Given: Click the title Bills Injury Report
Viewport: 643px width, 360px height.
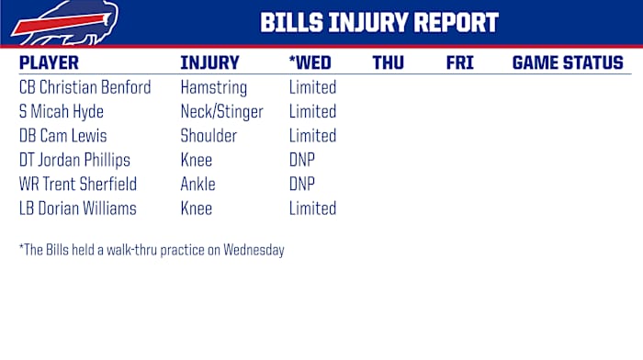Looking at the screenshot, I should [379, 23].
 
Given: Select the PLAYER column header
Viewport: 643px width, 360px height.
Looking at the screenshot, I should [49, 63].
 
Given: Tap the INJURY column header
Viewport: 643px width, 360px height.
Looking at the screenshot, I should [209, 63].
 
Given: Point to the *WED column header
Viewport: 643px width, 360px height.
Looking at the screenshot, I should [310, 63].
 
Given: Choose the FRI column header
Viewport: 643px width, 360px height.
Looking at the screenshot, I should [459, 63].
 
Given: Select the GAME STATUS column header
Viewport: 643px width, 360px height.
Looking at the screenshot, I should [567, 63].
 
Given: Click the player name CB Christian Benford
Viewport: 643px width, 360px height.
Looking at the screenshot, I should [85, 88].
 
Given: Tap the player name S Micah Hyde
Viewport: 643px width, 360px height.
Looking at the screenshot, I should [62, 112].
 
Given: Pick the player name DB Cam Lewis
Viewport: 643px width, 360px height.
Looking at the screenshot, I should [62, 136].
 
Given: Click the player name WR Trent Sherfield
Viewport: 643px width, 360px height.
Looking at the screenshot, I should [77, 184].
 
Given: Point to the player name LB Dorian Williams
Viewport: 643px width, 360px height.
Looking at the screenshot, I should [77, 208].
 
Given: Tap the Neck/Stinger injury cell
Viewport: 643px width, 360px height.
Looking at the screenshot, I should [221, 112].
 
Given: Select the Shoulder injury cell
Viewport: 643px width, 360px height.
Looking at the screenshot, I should [209, 136].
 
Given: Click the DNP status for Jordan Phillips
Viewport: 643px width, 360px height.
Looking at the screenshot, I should [302, 160].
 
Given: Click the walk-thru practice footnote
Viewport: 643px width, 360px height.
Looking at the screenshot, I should [152, 250].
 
